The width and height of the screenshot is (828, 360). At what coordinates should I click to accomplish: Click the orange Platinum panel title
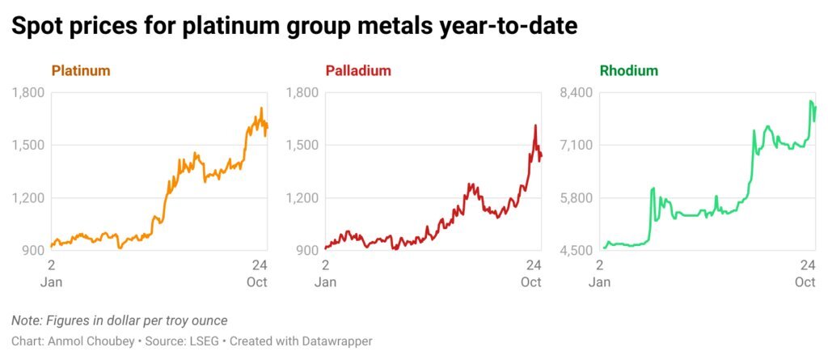tap(81, 70)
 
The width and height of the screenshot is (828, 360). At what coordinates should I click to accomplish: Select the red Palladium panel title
tap(358, 70)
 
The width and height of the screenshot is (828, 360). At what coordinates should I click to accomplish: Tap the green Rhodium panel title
tap(629, 70)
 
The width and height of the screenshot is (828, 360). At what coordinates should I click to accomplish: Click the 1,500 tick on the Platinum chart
tap(27, 146)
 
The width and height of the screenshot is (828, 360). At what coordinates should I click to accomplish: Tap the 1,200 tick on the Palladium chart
tap(302, 198)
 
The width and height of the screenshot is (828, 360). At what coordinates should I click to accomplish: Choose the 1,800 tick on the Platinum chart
tap(27, 93)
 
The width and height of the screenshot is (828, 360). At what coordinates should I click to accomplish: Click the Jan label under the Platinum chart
tap(51, 282)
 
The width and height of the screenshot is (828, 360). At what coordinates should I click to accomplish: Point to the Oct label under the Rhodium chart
tap(805, 282)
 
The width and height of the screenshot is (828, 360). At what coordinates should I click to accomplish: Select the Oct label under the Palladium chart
tap(531, 282)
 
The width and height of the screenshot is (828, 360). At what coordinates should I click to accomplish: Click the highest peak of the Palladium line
tap(535, 125)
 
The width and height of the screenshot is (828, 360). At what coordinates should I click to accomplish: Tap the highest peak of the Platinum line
tap(261, 108)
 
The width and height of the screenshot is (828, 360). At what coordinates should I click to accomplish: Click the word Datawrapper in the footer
tap(339, 341)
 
